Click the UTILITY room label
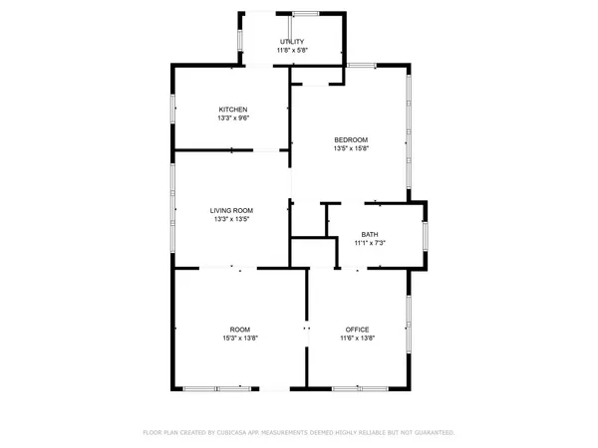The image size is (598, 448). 292,41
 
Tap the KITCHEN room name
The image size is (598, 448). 233,110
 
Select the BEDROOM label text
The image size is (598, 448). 351,139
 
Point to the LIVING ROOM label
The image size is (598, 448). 231,210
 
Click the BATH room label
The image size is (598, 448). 370,234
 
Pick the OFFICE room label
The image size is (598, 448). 358,330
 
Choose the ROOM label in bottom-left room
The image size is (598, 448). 239,330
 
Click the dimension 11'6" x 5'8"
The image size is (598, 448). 292,50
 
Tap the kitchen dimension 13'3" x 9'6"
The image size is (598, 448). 233,118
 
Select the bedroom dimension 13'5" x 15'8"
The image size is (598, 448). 351,148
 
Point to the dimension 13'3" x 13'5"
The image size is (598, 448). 231,219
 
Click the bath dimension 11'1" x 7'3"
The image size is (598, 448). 370,243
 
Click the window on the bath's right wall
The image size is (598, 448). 425,235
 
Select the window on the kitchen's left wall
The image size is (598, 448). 173,109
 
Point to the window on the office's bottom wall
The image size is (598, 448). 359,387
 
